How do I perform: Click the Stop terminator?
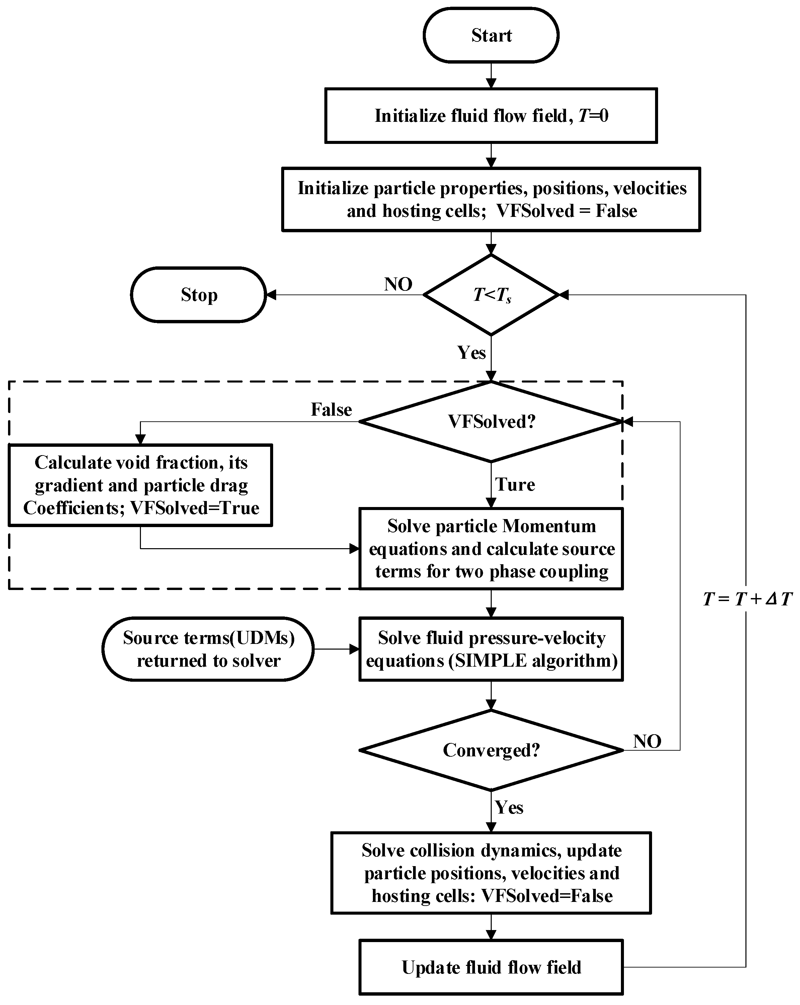click(198, 295)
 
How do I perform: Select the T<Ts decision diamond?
click(491, 295)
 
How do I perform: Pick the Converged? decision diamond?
click(491, 750)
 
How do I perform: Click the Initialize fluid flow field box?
click(491, 115)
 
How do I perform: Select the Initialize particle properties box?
click(491, 199)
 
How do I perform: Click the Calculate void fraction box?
click(140, 485)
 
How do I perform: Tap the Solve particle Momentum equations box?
click(491, 549)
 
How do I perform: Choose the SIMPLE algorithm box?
click(491, 649)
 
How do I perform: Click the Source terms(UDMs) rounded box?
click(208, 649)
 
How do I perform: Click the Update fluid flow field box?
click(491, 967)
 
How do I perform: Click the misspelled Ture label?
click(515, 484)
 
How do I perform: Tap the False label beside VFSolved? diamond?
click(331, 410)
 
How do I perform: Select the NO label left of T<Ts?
click(398, 284)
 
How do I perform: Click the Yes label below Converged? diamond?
click(509, 807)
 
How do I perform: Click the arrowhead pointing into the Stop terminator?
click(271, 295)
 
